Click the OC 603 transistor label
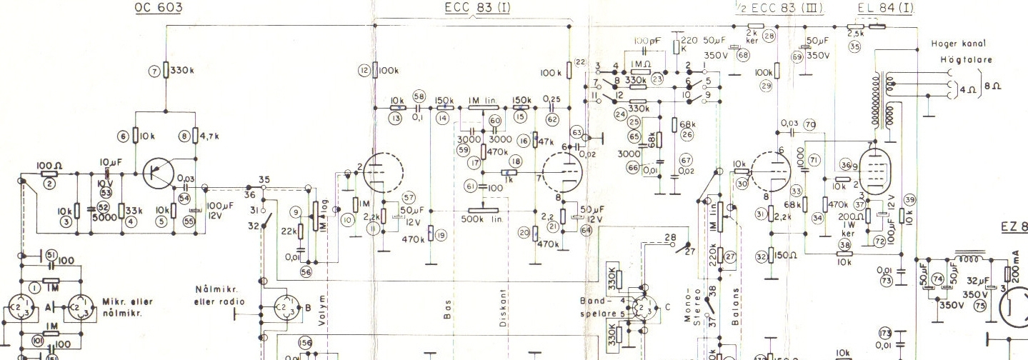[157, 8]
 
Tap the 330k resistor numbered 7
[165, 70]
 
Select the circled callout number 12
[365, 70]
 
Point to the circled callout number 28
[769, 35]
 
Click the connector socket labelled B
[280, 308]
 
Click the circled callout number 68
[743, 55]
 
